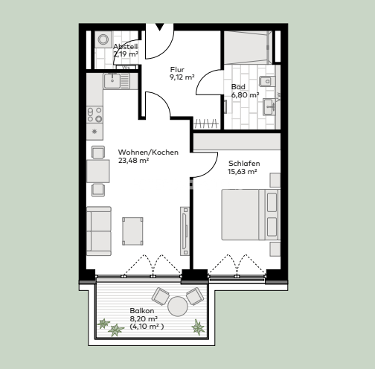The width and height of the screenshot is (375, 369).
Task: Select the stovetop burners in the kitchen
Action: (x=95, y=114)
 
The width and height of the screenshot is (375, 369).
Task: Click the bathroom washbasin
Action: (x=269, y=106)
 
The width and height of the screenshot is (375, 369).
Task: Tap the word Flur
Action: (x=176, y=70)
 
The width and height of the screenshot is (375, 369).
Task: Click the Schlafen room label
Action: (x=243, y=163)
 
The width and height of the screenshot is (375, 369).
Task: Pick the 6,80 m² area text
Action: (x=245, y=95)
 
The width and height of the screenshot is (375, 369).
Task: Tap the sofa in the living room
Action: (x=98, y=231)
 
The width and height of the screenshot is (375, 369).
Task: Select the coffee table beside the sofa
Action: (x=133, y=230)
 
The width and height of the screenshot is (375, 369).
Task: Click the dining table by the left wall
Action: (x=97, y=171)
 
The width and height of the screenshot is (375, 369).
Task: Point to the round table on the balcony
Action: (x=178, y=305)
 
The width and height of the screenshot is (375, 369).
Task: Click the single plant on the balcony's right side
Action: (x=198, y=326)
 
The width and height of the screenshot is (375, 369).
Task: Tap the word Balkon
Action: (x=142, y=309)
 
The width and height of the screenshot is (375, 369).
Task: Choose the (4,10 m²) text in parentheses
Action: (x=147, y=326)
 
